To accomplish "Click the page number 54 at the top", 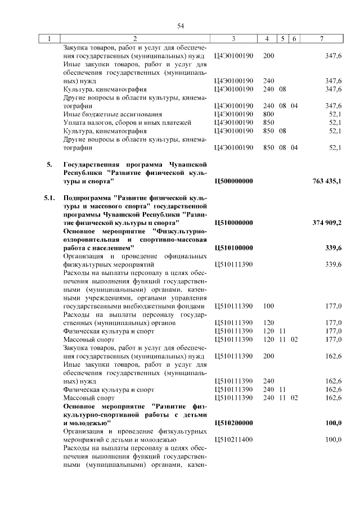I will click(181, 25).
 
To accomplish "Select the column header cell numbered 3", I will click(233, 39).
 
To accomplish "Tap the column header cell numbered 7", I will click(321, 39).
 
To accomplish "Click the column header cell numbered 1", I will click(50, 39).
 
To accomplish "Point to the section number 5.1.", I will click(49, 199).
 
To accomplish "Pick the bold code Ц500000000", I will click(234, 181).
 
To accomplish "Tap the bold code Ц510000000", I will click(234, 223).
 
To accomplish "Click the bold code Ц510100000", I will click(234, 247).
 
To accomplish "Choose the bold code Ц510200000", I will click(234, 422).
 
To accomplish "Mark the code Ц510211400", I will click(234, 439).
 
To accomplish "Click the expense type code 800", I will click(268, 114).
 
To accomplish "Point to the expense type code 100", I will click(268, 306).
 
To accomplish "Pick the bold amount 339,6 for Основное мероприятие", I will click(333, 247).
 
